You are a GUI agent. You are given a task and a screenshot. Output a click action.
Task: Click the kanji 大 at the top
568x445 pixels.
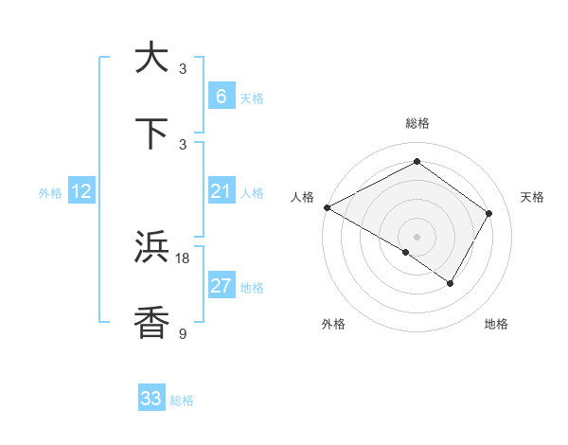151,58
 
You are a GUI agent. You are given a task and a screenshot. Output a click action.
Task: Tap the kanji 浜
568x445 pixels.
151,247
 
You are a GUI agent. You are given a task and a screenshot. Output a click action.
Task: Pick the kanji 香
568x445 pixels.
151,322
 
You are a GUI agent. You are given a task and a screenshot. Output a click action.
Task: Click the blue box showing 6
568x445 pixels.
221,97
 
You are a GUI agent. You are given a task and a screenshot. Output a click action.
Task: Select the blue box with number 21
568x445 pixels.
221,192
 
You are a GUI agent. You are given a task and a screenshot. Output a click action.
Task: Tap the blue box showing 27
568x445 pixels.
221,287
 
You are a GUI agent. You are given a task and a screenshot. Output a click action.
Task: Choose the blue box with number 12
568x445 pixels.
81,192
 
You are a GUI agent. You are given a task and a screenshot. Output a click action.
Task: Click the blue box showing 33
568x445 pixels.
151,399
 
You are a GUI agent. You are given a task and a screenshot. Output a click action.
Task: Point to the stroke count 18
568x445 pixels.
183,258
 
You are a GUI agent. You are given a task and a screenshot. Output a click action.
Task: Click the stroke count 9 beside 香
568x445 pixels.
183,333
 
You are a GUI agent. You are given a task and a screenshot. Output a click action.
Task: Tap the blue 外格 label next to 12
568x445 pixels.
50,193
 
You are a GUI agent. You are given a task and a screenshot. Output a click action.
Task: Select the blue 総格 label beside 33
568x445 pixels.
182,400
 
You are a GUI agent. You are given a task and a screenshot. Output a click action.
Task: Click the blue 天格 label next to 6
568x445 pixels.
251,98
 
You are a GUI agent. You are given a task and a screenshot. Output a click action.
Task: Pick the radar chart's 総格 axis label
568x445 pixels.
417,123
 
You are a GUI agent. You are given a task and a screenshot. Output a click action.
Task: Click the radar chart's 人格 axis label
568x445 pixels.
302,197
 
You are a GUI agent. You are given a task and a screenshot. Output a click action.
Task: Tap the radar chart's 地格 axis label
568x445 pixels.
496,324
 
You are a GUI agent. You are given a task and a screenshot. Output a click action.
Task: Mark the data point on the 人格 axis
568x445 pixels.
327,207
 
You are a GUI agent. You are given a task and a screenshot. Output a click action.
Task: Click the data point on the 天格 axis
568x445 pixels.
489,213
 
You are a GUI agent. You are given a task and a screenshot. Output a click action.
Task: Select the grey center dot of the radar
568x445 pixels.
417,236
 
